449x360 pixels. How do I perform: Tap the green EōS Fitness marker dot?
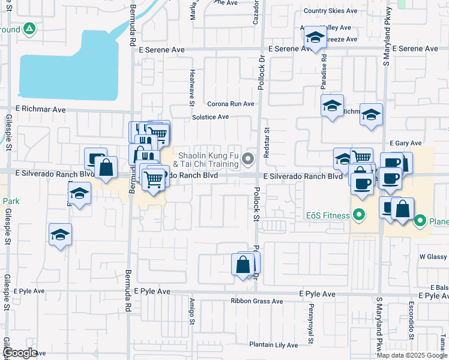(359, 214)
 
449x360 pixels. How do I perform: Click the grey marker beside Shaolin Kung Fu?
(248, 159)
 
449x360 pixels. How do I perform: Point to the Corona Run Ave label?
(231, 104)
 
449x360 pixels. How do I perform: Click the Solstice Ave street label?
(211, 117)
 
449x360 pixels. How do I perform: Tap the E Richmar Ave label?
(41, 110)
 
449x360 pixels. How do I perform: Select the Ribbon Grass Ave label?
(257, 301)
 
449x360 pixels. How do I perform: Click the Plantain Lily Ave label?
(274, 345)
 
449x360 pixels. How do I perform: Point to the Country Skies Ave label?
(330, 11)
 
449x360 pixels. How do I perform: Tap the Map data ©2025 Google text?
(412, 355)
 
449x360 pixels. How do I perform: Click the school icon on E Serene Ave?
(315, 38)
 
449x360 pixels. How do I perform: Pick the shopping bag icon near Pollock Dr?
(243, 265)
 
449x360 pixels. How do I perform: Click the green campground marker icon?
(29, 29)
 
